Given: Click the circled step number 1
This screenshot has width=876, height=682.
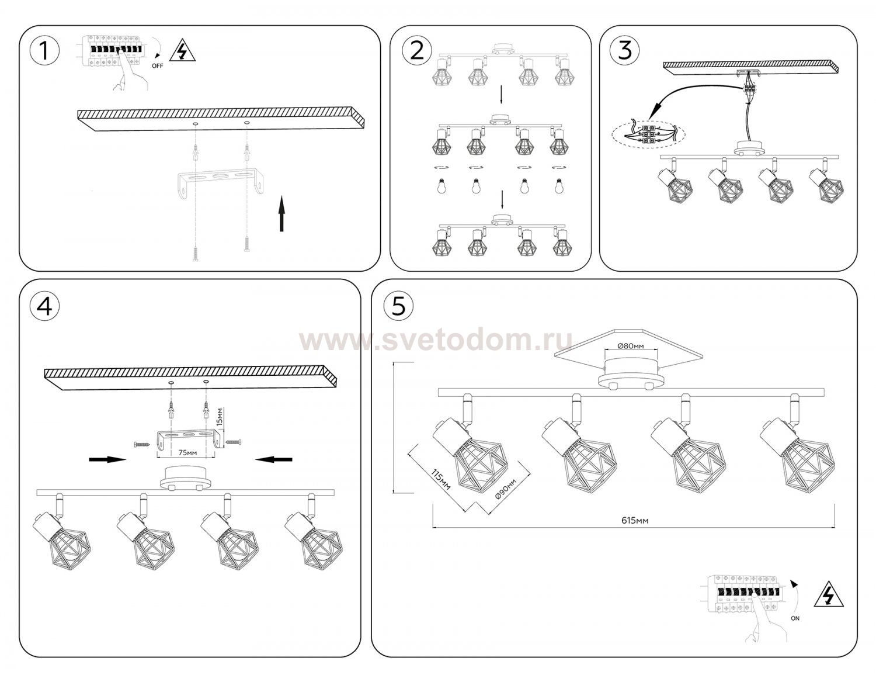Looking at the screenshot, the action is point(44,51).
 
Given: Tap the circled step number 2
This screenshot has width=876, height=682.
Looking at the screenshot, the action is point(417,51).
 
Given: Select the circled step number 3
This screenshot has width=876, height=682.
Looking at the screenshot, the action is point(624,50).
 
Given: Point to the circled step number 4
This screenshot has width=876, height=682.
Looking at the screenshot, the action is point(44,306).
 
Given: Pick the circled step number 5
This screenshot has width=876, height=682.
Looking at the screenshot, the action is point(398,306).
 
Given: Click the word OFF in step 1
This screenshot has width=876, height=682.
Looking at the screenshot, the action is point(158,65).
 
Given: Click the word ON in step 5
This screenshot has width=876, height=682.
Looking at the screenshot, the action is point(795,618).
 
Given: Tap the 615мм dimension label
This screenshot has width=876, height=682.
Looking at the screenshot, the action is point(635,520).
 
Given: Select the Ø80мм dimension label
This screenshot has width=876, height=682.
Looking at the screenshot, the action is point(631,346).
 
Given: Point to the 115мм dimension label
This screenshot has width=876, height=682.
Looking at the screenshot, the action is point(440,479).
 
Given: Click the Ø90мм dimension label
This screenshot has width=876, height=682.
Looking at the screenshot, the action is point(505,489).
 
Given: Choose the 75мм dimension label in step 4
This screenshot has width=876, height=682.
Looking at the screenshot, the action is point(188,452).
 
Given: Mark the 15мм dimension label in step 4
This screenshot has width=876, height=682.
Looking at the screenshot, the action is point(220,417).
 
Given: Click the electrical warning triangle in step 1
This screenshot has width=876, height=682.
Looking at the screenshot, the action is point(182,50).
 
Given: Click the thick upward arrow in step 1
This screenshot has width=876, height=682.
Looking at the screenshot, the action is point(282,214).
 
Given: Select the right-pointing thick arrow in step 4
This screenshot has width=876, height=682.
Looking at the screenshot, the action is point(107,459).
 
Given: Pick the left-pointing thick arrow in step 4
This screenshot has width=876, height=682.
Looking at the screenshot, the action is point(274,459).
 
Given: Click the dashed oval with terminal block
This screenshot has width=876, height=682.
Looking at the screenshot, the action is point(648,134).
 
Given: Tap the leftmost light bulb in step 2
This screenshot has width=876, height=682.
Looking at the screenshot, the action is point(441,186).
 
